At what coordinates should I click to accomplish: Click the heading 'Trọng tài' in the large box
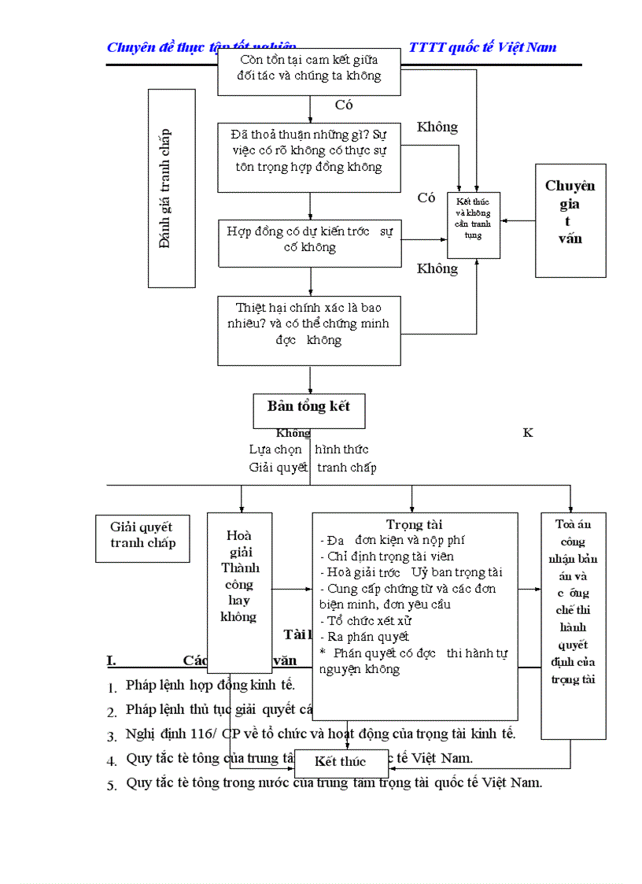[x=414, y=524]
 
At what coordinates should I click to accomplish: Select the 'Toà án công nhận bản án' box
[x=572, y=602]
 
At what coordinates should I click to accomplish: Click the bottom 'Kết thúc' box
[x=341, y=761]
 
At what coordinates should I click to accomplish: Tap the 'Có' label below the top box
[x=344, y=105]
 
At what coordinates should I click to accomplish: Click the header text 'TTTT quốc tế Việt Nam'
[x=482, y=47]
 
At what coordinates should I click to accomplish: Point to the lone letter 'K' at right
[x=528, y=433]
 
